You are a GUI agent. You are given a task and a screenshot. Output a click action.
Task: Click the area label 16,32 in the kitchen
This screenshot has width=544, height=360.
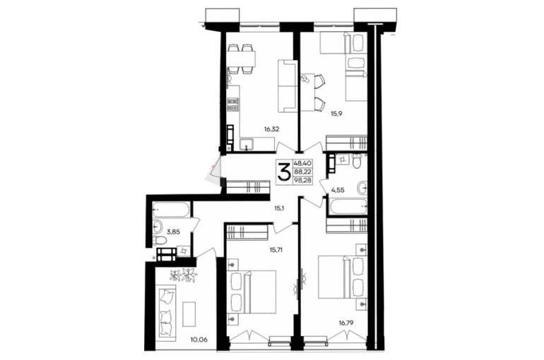tap(272, 130)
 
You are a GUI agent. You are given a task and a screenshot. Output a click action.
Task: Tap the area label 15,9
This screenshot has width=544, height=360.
tap(336, 114)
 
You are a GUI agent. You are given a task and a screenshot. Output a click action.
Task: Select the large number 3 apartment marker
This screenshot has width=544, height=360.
tap(284, 172)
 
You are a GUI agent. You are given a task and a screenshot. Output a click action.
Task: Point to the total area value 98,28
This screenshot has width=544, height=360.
tap(302, 181)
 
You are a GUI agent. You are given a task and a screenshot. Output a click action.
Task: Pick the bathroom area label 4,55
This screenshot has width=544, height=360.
tap(338, 190)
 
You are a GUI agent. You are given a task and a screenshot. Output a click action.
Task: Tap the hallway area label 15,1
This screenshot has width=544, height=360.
tap(280, 209)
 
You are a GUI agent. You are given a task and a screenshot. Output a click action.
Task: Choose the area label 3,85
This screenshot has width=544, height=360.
tap(173, 232)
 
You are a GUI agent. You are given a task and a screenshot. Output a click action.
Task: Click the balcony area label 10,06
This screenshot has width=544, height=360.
tap(199, 340)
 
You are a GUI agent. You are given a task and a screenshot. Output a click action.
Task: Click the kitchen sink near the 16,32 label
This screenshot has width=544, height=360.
tap(247, 144)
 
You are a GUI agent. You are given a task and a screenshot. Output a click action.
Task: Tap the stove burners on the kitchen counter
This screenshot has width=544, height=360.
tap(233, 104)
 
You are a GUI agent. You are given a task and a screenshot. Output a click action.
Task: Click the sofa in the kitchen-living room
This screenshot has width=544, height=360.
tap(287, 86)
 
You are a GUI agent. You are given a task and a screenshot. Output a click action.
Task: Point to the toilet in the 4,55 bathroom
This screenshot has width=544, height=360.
tap(357, 162)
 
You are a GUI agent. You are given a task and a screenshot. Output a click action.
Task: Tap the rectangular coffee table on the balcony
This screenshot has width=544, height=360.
tap(189, 314)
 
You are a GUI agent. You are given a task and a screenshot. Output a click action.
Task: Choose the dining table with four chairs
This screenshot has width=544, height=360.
tap(242, 59)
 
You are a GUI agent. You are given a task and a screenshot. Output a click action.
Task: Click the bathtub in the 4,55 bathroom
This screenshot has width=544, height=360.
tap(348, 207)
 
